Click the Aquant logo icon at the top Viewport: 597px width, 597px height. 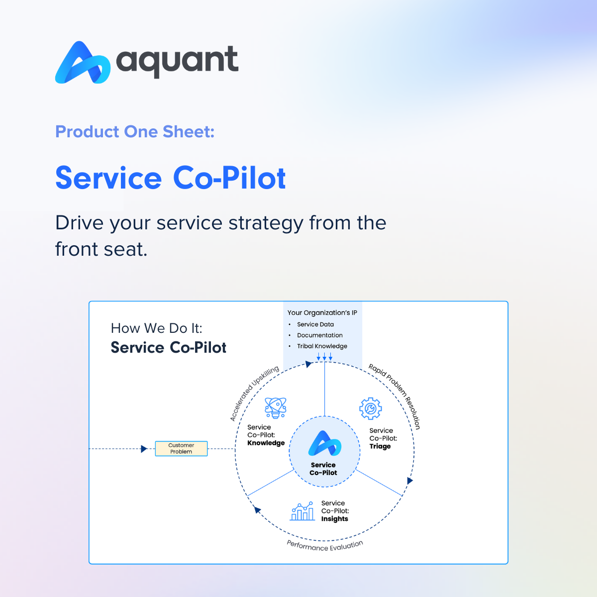click(83, 63)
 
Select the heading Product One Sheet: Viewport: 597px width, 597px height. click(135, 131)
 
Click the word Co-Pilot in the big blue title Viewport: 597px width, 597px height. click(229, 178)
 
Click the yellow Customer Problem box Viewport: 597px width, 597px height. click(181, 448)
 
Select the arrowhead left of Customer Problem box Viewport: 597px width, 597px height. click(144, 449)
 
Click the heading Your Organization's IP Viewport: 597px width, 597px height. click(322, 312)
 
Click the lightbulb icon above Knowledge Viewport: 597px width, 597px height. click(276, 408)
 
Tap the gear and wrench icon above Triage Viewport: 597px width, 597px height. click(371, 408)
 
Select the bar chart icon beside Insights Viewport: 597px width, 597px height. click(302, 511)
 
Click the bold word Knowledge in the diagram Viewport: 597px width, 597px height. click(266, 443)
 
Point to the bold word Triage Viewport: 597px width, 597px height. click(380, 446)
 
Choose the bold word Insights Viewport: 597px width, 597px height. click(335, 518)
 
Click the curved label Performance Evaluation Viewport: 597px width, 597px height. click(324, 546)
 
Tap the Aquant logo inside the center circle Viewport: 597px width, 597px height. click(325, 443)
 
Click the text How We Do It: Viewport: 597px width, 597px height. click(156, 328)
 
